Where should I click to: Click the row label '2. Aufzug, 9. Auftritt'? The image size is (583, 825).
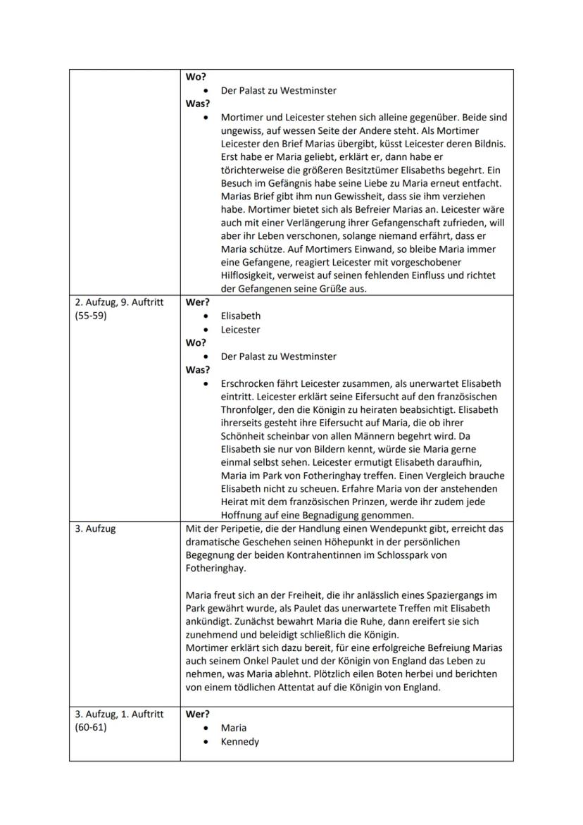pos(119,303)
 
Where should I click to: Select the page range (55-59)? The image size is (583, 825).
pos(90,316)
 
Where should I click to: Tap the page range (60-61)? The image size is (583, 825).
pos(90,728)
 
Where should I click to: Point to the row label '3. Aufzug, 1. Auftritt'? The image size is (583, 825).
pos(119,714)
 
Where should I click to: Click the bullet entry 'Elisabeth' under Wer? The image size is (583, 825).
pos(240,316)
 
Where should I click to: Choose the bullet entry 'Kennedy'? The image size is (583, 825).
pos(239,742)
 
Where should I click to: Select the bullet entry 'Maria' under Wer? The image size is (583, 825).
pos(234,728)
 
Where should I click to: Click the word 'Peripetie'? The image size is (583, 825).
pos(238,528)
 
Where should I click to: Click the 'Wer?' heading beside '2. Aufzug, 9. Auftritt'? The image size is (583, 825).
pos(197,303)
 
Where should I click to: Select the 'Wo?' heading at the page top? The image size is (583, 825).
pos(195,77)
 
